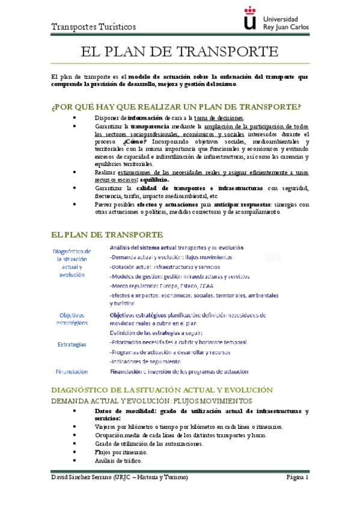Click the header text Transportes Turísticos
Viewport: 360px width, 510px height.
pos(94,27)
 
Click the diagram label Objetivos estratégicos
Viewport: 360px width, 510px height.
pos(72,318)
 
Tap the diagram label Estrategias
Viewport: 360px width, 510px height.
pos(72,345)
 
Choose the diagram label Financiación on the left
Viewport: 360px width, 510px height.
pos(72,371)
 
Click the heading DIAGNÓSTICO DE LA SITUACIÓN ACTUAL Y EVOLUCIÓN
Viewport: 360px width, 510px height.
pos(162,390)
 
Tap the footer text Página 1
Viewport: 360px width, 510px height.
pos(297,477)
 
